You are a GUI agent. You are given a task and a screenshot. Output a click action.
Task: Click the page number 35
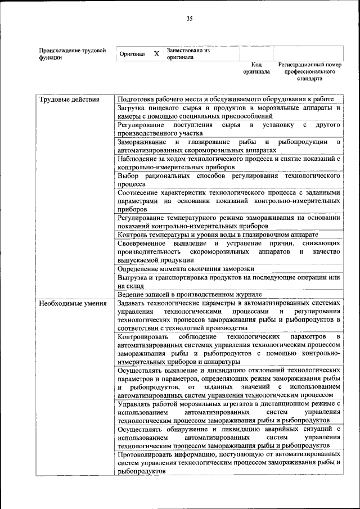190,19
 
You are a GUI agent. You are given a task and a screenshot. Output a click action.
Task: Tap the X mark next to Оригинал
156,55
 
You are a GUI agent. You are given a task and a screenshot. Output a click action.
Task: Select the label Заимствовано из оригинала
187,53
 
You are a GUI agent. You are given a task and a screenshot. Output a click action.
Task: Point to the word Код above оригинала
256,65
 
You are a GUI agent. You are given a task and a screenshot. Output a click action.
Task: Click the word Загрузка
134,107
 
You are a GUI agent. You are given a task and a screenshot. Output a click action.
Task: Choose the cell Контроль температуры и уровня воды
218,234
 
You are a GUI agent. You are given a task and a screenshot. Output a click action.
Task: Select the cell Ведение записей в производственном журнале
190,294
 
